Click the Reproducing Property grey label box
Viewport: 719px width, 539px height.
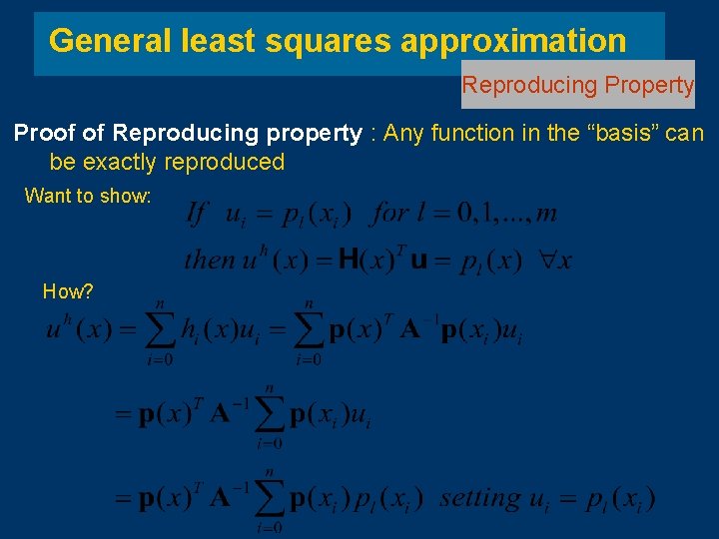[577, 85]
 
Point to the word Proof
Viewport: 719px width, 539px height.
[43, 133]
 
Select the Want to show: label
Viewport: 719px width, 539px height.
[88, 196]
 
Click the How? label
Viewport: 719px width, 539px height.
[68, 291]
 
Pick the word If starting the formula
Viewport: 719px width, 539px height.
[197, 213]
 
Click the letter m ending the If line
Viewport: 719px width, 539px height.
[546, 213]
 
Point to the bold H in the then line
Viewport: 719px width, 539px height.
[349, 261]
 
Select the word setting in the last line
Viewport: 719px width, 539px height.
[479, 496]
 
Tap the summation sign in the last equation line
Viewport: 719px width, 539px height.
[270, 497]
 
